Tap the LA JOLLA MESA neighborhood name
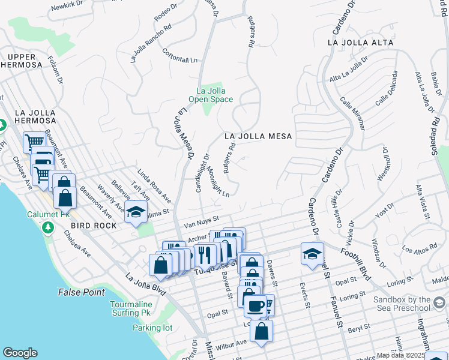pos(258,137)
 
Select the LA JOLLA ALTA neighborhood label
pos(360,43)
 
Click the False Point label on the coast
pos(82,292)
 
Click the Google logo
pos(20,353)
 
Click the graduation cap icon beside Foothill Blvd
pos(312,253)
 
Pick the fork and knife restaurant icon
pos(204,254)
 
